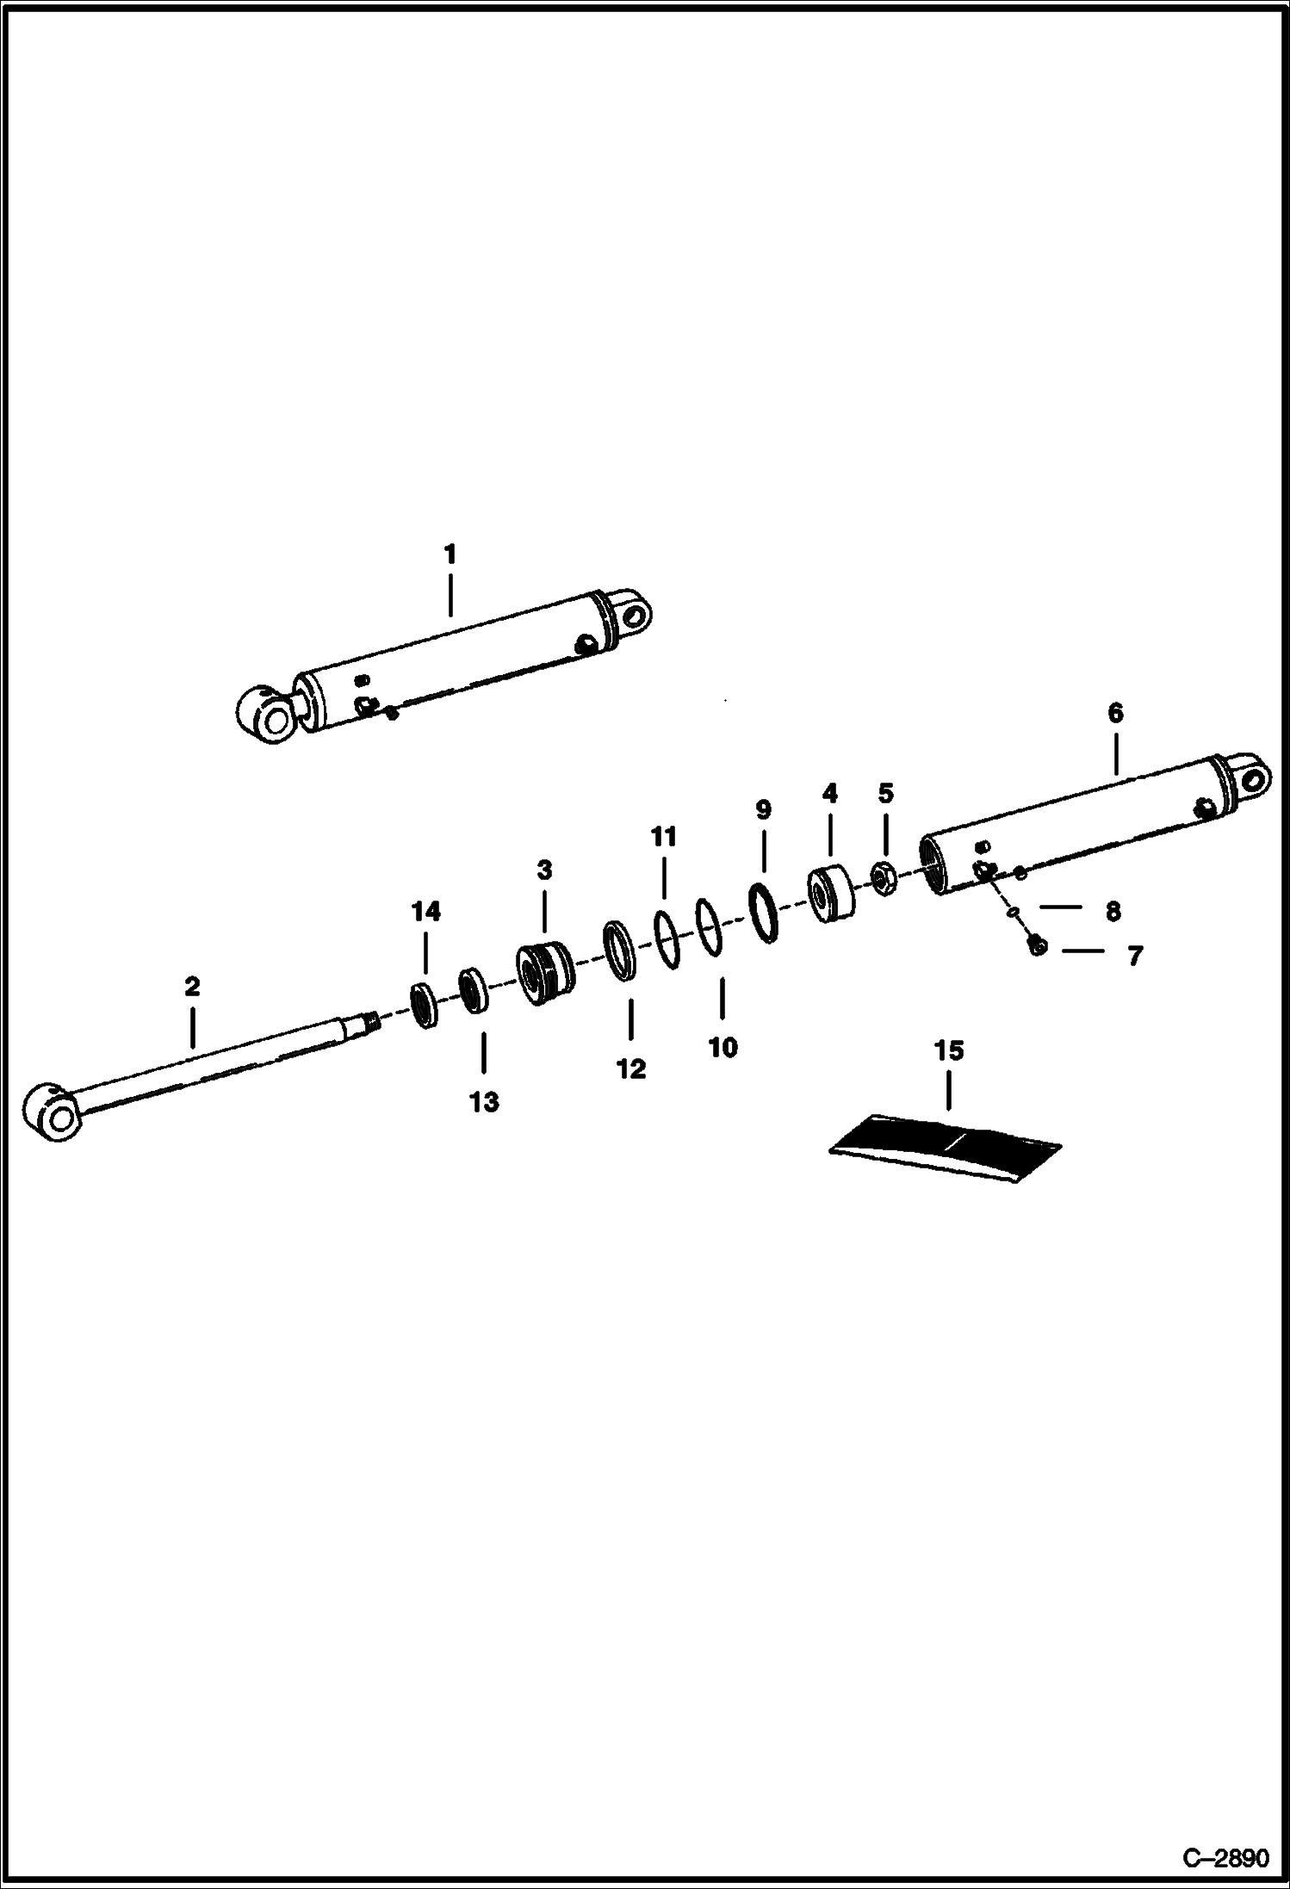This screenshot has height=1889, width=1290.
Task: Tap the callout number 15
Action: tap(949, 1051)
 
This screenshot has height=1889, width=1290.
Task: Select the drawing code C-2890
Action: tap(1225, 1858)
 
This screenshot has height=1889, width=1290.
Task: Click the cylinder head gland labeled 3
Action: tap(543, 974)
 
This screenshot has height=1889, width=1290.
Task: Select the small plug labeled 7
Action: tap(1037, 947)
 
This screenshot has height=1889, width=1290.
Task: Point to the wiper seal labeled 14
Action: tap(424, 1004)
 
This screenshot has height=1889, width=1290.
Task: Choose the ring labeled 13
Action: tap(473, 991)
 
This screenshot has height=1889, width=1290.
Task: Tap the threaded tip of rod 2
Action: tap(372, 1023)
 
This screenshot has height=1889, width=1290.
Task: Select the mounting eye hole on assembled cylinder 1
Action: tap(636, 613)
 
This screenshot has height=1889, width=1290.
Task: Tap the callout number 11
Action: tap(663, 837)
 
